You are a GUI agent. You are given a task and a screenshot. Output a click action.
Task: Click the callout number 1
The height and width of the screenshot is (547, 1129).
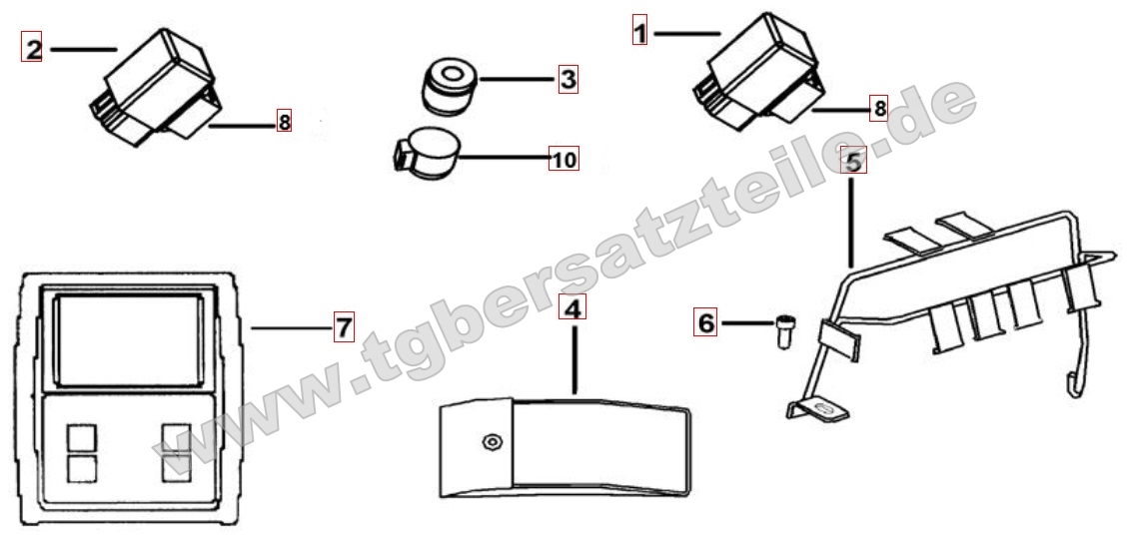[640, 30]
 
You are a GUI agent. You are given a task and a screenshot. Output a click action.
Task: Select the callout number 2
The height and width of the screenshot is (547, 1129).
[32, 48]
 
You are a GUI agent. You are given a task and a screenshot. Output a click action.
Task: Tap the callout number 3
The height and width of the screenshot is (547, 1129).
[568, 79]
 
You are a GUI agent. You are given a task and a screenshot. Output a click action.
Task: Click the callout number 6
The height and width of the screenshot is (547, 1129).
[705, 321]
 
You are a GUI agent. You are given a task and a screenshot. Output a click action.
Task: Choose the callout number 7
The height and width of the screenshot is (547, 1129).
[344, 327]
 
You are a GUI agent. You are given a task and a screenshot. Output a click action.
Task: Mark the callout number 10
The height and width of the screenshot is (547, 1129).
[564, 159]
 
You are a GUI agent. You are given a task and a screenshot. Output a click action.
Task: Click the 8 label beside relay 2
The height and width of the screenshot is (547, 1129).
[285, 122]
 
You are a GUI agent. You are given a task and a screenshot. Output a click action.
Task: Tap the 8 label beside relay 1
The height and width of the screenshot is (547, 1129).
[878, 109]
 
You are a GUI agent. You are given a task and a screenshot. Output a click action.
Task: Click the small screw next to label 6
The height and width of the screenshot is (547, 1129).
[784, 331]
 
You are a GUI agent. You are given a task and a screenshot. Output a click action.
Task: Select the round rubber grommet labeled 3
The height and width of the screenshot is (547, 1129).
[449, 87]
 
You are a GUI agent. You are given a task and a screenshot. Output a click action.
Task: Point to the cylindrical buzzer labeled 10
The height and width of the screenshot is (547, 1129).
[427, 154]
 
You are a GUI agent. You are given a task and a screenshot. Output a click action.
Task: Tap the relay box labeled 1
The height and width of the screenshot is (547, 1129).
[759, 72]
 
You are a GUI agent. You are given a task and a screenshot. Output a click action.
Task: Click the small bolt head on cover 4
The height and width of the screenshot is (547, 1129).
[493, 442]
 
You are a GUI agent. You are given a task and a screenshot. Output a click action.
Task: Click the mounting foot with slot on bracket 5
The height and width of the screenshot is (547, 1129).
[818, 410]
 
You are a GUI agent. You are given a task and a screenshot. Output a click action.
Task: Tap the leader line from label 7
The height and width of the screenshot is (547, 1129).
[292, 327]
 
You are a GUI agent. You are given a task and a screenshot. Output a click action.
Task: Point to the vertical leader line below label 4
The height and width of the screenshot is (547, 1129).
[573, 359]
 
